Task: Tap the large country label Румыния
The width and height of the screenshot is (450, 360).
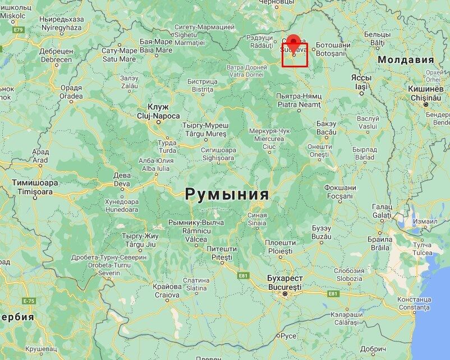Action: tap(227, 194)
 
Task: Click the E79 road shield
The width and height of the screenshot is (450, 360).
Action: tap(19, 29)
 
